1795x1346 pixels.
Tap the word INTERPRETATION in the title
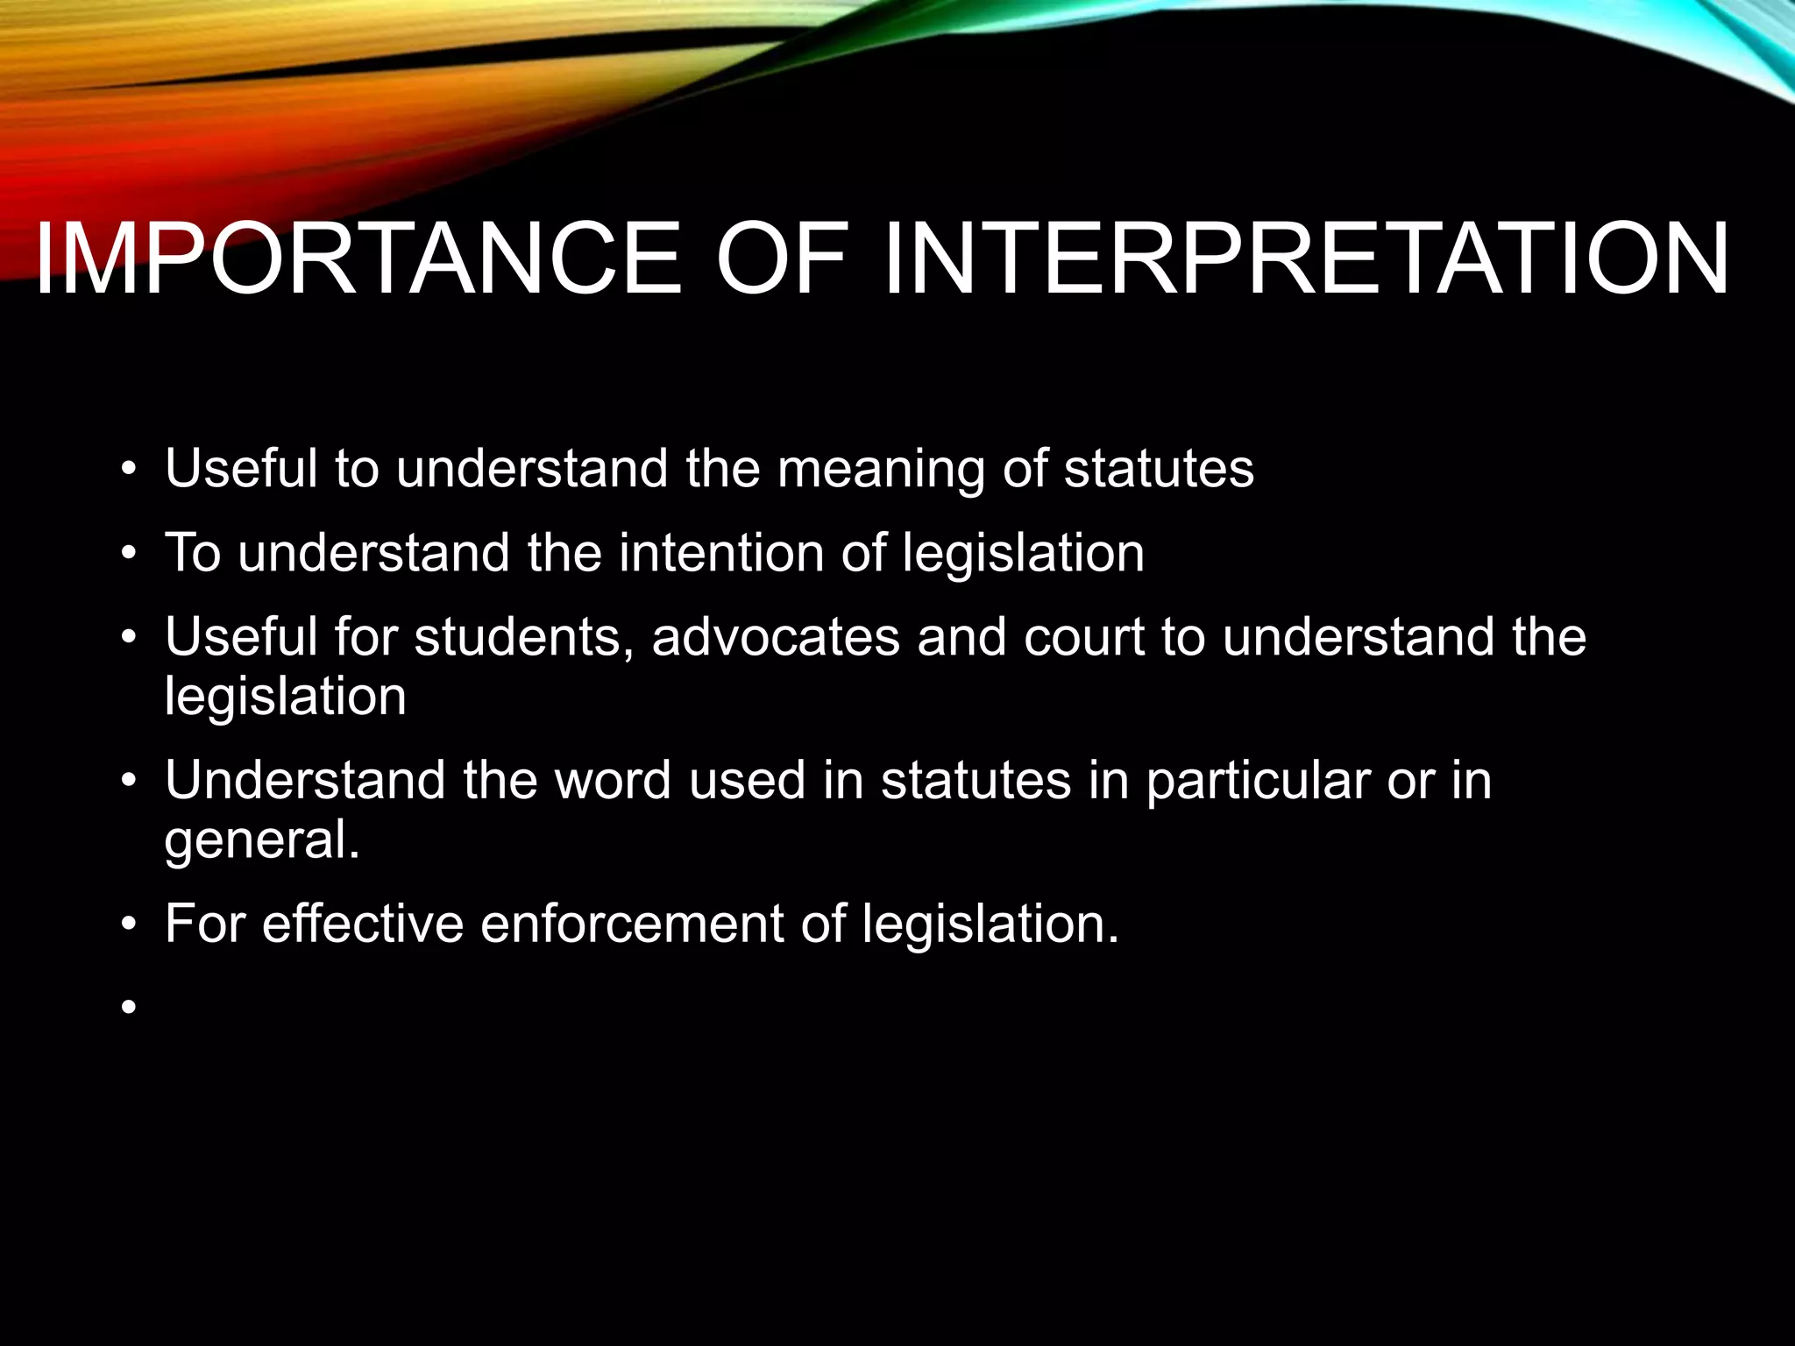(1307, 259)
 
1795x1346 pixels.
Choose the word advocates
(776, 637)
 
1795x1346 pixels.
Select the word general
(262, 840)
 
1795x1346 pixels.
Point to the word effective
(363, 924)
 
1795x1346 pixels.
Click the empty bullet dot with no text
(130, 1008)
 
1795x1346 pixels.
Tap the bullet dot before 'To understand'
(130, 555)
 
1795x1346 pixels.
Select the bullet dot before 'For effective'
(130, 924)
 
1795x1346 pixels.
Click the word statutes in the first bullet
(1159, 470)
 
